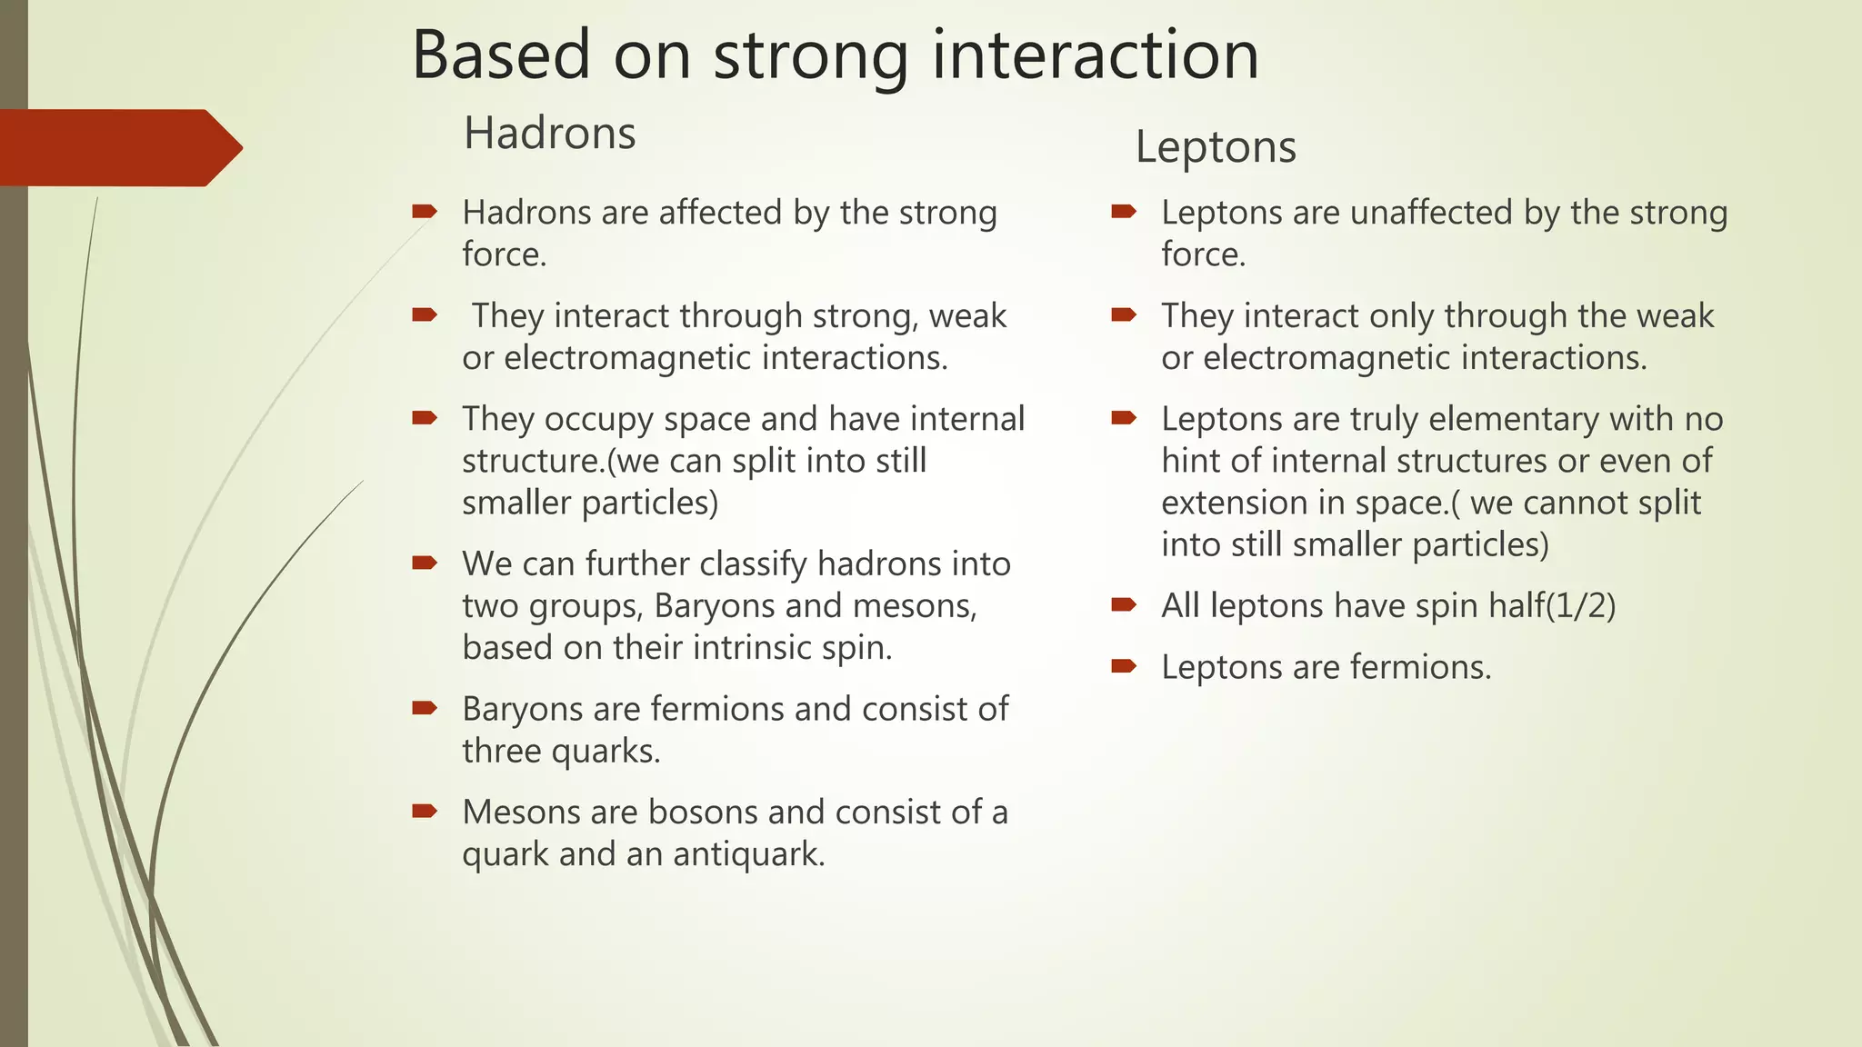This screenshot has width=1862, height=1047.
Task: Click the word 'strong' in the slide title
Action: pyautogui.click(x=811, y=56)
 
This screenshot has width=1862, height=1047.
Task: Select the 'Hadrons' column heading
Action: pyautogui.click(x=549, y=134)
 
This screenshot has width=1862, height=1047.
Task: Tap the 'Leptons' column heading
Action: pyautogui.click(x=1215, y=147)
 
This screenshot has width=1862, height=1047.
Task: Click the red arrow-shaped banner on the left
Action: pyautogui.click(x=118, y=147)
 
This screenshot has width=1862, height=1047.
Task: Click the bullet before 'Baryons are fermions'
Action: pyautogui.click(x=425, y=708)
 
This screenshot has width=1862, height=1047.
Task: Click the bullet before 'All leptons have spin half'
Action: pyautogui.click(x=1124, y=604)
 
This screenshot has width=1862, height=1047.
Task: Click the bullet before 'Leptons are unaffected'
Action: pyautogui.click(x=1124, y=212)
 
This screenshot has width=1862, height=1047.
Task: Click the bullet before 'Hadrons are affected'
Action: pyautogui.click(x=425, y=212)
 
